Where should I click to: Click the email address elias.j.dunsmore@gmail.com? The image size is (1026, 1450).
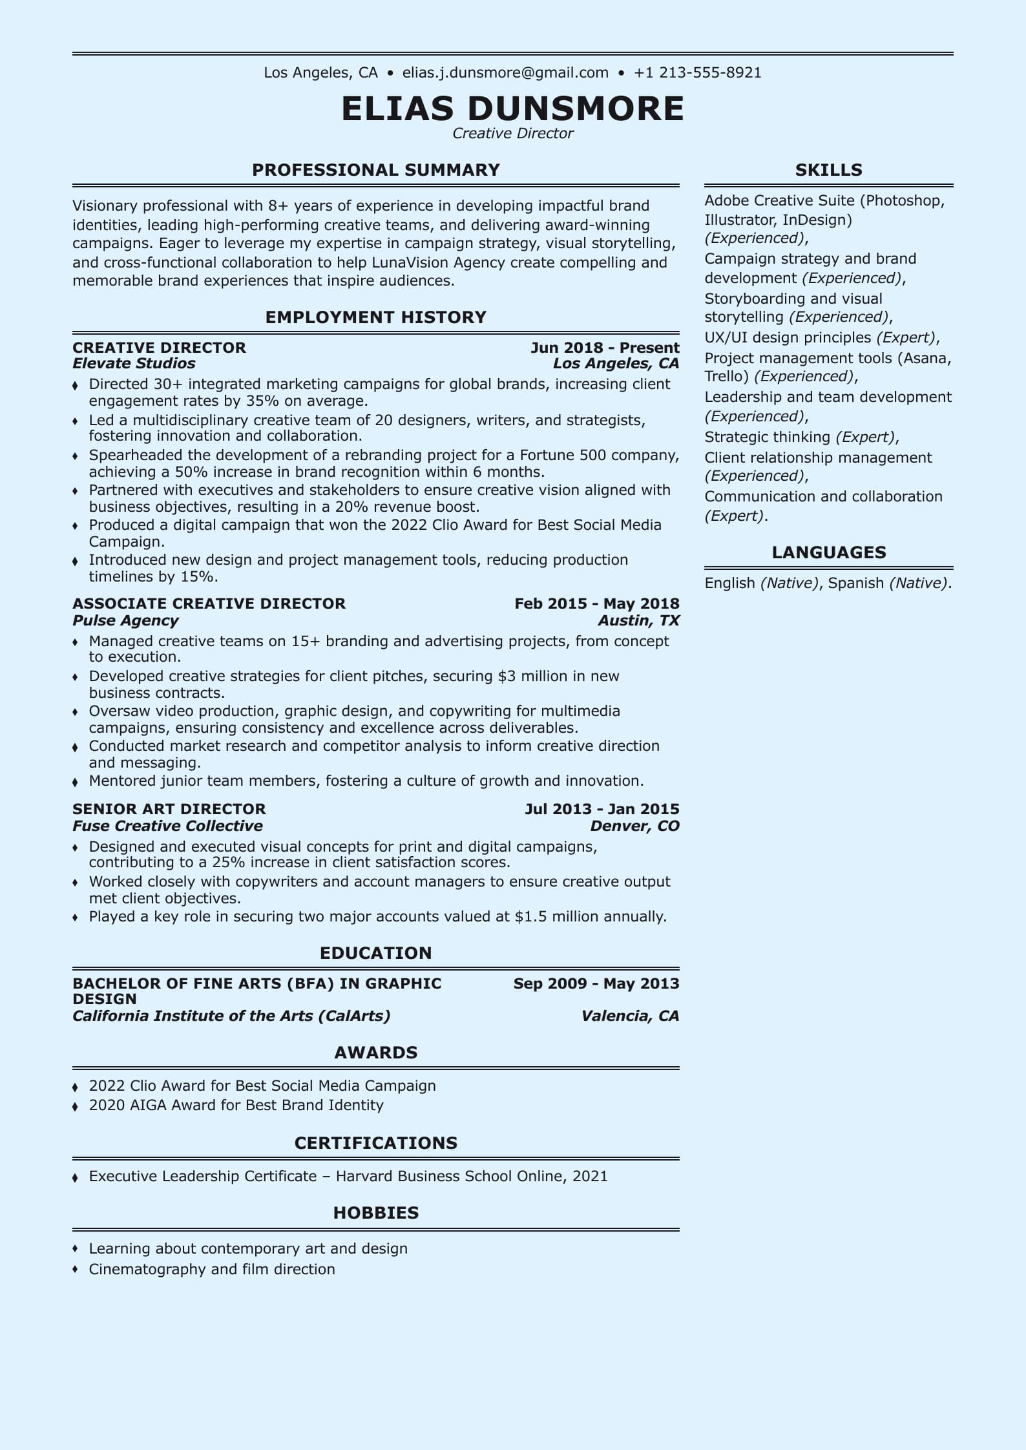click(x=505, y=72)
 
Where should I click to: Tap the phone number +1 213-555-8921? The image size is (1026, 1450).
click(x=698, y=72)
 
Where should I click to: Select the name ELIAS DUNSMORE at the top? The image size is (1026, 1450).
click(x=512, y=108)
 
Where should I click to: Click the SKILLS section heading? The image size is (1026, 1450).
click(x=828, y=170)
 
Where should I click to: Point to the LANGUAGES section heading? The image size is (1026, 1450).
click(x=828, y=552)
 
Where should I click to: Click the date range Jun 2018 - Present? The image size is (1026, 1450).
click(x=605, y=348)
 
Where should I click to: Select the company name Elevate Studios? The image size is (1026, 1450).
click(x=134, y=363)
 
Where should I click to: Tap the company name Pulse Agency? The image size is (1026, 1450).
click(x=125, y=620)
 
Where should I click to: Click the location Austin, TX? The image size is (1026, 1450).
click(x=638, y=620)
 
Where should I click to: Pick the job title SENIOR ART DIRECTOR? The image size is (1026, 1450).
click(x=169, y=809)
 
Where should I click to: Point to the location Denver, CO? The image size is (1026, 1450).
click(x=634, y=826)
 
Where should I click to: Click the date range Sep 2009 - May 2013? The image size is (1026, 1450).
click(x=596, y=983)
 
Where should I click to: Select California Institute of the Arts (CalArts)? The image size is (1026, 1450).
click(x=231, y=1016)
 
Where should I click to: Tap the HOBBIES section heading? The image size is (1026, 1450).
click(x=376, y=1213)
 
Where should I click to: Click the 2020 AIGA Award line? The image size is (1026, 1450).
click(x=236, y=1105)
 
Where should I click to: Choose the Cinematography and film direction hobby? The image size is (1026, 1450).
click(x=212, y=1269)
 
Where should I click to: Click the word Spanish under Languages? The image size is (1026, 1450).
click(x=855, y=583)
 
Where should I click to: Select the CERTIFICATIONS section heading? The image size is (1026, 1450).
click(x=376, y=1143)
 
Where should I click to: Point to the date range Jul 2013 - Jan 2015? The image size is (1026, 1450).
click(x=602, y=809)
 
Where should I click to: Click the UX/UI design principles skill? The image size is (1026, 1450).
click(x=788, y=337)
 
